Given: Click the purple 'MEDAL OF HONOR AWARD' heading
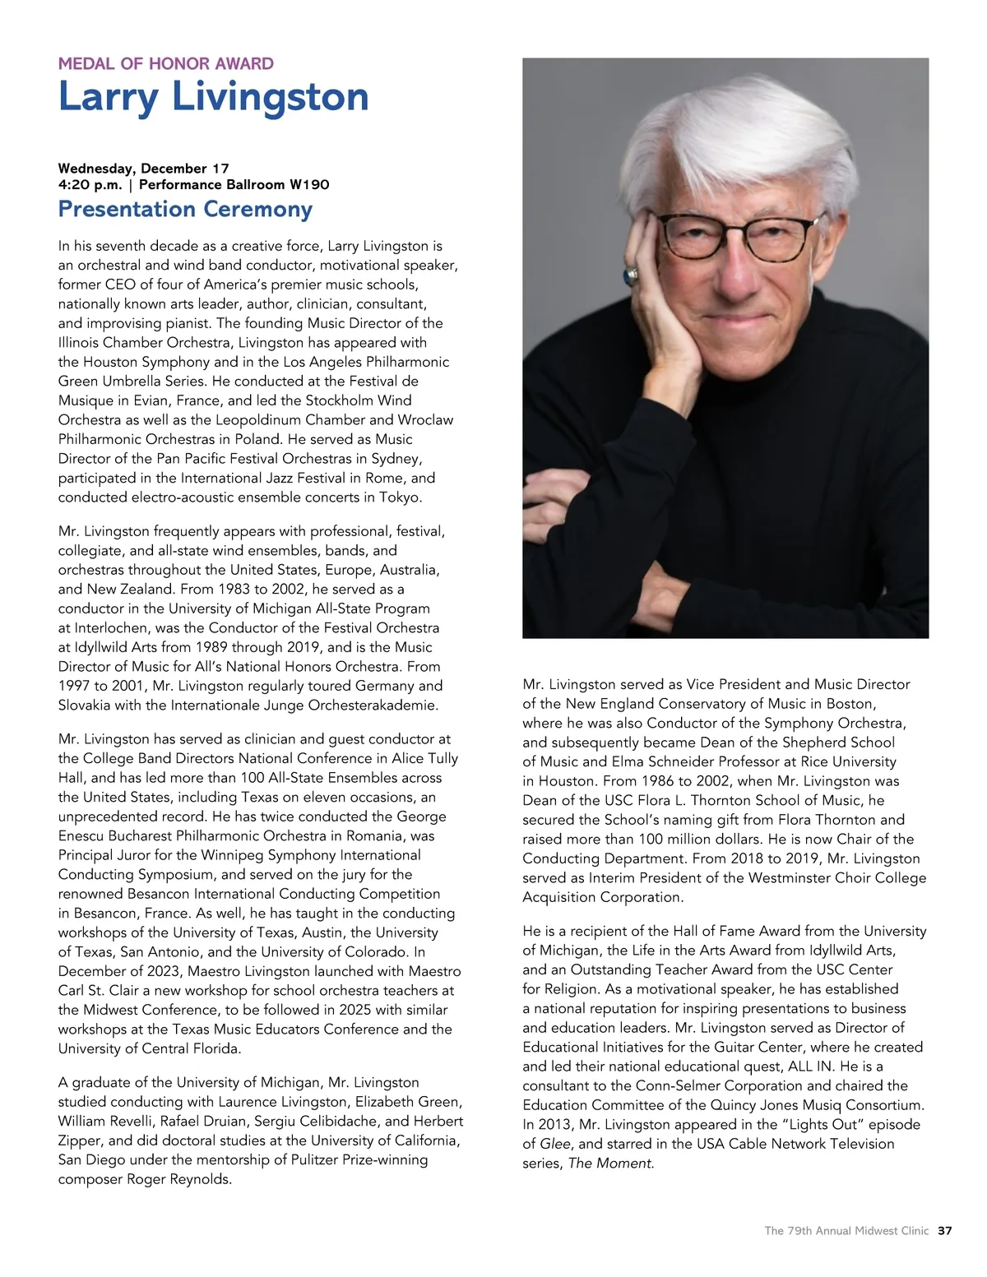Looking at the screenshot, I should point(165,63).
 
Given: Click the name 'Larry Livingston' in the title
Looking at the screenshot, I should point(213,97).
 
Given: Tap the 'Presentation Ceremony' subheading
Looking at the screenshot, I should point(185,209).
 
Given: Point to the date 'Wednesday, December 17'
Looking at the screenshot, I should point(143,169).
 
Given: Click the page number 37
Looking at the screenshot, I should point(944,1231).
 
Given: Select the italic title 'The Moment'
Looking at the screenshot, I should point(610,1164).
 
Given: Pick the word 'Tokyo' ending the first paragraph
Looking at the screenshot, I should point(401,497).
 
